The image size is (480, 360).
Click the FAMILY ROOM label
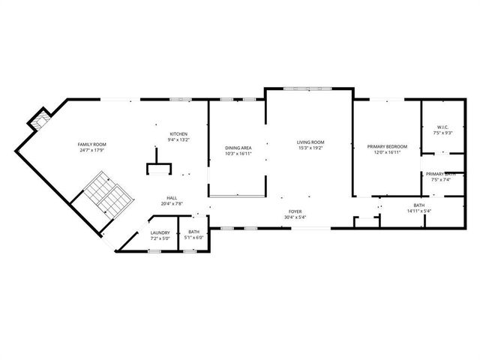[x=92, y=143]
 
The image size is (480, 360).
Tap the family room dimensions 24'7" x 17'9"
[x=92, y=149]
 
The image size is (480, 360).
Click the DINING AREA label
[x=238, y=148]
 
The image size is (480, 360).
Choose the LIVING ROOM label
[x=310, y=142]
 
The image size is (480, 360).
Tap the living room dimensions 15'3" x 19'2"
[x=310, y=148]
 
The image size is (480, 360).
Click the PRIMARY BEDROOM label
[x=387, y=145]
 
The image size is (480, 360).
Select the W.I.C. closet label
[x=442, y=127]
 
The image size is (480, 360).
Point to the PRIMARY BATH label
[x=442, y=174]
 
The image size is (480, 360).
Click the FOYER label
[x=296, y=212]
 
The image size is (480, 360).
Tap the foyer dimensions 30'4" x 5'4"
[x=296, y=218]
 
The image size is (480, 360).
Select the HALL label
[x=172, y=198]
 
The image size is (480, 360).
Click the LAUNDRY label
[x=160, y=232]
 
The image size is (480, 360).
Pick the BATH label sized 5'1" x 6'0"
[x=193, y=232]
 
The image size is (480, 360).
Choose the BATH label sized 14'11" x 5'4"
[x=418, y=205]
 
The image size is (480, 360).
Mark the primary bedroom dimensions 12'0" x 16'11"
[x=387, y=151]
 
